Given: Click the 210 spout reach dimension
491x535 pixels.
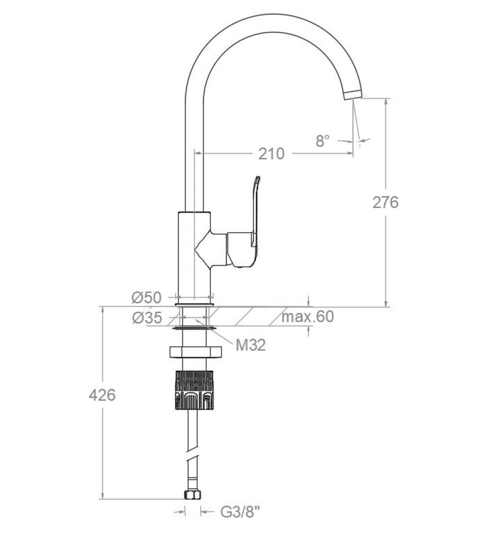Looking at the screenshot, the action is tap(271, 154).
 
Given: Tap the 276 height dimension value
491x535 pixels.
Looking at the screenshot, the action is tap(385, 202).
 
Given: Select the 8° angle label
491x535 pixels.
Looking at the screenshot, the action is tap(323, 141).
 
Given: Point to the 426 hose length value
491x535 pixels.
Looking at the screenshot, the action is tap(102, 395).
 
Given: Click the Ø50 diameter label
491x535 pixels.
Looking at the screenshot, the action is tap(146, 298).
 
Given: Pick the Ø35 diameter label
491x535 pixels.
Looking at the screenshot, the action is tap(147, 319).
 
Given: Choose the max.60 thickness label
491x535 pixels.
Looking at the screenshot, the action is tap(308, 317).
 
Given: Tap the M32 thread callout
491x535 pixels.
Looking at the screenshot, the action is tap(250, 345).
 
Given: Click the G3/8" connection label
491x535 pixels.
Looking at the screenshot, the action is tap(240, 512).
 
